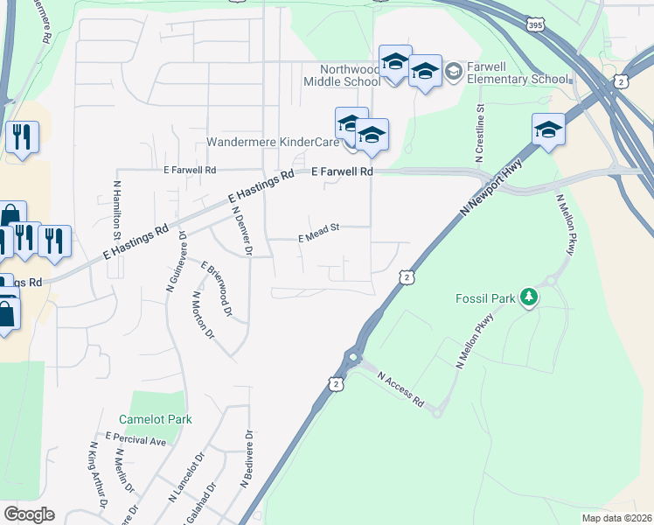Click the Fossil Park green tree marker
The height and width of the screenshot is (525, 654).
click(528, 298)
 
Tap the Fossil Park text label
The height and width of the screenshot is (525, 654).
click(485, 298)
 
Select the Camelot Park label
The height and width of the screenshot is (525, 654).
click(155, 419)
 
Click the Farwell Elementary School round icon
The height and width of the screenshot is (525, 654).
click(453, 71)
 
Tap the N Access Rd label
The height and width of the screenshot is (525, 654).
click(400, 390)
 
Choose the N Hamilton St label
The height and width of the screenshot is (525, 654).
click(116, 210)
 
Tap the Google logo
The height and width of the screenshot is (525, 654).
click(29, 514)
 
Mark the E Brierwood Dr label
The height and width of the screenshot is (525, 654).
click(217, 287)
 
